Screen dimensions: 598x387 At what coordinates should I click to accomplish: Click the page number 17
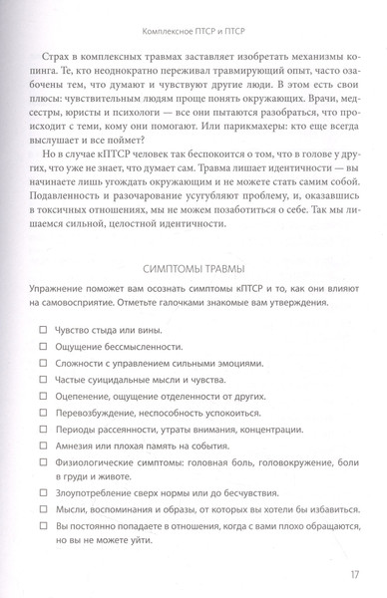tap(356, 572)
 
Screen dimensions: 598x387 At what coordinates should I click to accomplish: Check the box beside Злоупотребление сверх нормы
tap(42, 536)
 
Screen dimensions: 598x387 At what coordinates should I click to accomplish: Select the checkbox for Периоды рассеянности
tap(42, 465)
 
